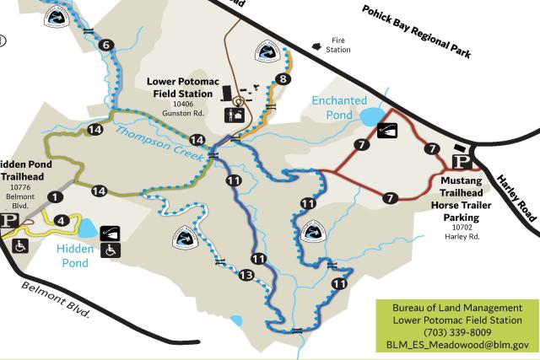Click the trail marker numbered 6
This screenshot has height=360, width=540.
tap(105, 45)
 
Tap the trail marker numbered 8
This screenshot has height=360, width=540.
tap(283, 78)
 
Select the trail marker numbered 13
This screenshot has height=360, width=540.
tap(246, 276)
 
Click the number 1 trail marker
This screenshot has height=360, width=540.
tap(55, 196)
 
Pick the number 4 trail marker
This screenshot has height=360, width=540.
tap(60, 221)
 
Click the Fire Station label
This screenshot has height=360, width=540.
tap(338, 45)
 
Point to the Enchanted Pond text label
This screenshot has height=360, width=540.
tap(339, 107)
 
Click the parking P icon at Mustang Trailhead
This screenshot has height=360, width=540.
tap(461, 162)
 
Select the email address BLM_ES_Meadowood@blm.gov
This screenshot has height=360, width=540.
tap(457, 344)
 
